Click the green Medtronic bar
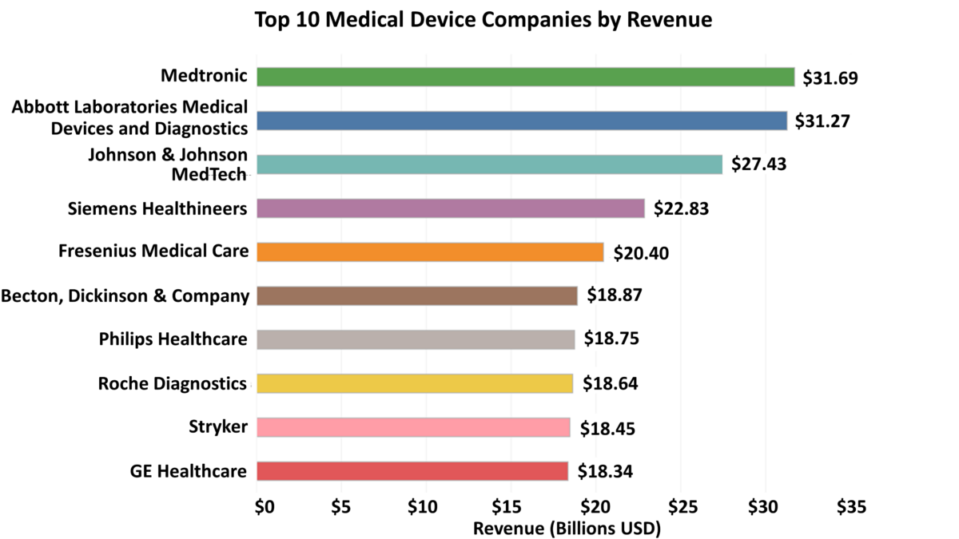(x=525, y=77)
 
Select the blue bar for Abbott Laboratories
(x=521, y=121)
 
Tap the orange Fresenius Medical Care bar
(x=430, y=252)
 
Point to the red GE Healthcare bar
(x=412, y=471)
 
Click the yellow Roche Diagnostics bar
(x=415, y=383)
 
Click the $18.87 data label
(x=614, y=295)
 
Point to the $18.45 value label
(x=607, y=428)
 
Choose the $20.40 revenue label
(x=641, y=253)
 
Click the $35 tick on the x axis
(x=850, y=507)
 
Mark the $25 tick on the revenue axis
(x=680, y=507)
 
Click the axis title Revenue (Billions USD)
(x=567, y=528)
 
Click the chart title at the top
(x=483, y=19)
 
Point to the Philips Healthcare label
(x=173, y=339)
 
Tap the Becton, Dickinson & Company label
(x=125, y=295)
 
